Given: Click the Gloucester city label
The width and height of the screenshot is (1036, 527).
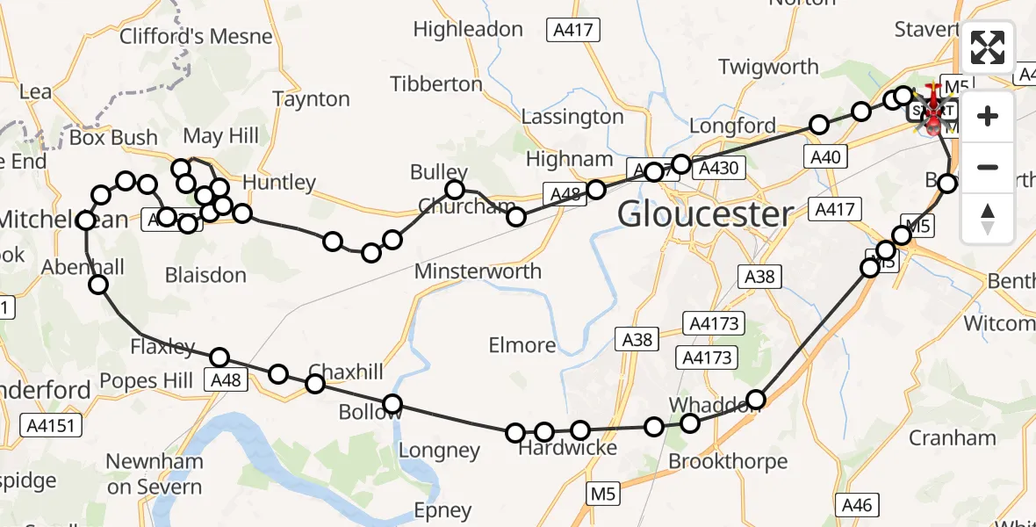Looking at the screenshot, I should [705, 213].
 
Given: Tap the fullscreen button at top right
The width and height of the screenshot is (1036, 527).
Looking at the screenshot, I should [988, 47].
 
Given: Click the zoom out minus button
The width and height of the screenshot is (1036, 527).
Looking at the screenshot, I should [988, 167].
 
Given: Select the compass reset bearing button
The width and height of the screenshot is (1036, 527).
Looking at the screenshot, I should [988, 218].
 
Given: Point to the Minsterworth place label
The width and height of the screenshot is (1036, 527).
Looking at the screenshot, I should [478, 271].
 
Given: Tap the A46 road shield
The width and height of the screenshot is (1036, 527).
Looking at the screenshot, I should [857, 504].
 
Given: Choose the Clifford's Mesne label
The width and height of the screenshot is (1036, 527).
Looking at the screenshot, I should [196, 37].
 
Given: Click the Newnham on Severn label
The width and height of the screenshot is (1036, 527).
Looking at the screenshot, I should [155, 474].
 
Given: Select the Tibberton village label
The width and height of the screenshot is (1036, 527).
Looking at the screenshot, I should [436, 84].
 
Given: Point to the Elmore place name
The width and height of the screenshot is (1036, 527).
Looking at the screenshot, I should [522, 345].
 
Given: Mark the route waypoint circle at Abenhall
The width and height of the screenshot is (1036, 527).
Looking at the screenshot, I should [98, 284].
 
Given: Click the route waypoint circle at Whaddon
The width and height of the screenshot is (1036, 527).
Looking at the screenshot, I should [755, 400].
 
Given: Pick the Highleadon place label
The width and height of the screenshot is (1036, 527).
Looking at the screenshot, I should [468, 29].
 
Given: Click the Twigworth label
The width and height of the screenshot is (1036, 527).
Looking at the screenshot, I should [768, 67].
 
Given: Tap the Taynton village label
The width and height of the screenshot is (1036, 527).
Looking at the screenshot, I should [312, 99].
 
